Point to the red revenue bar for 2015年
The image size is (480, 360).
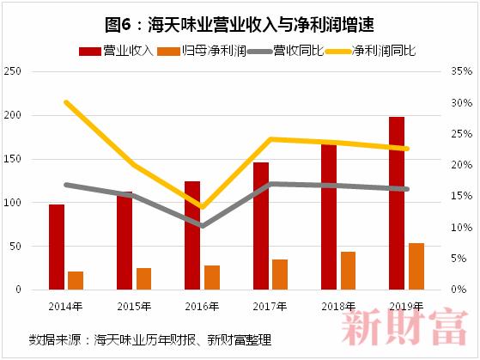click(x=125, y=241)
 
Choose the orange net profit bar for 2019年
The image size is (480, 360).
click(x=416, y=266)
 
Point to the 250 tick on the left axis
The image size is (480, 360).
click(x=13, y=71)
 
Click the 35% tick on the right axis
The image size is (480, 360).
click(x=462, y=71)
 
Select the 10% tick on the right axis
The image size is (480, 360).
click(x=462, y=228)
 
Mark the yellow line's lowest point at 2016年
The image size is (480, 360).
click(x=202, y=207)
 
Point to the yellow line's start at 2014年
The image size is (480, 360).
click(x=66, y=102)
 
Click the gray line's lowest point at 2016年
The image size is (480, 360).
click(x=202, y=226)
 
